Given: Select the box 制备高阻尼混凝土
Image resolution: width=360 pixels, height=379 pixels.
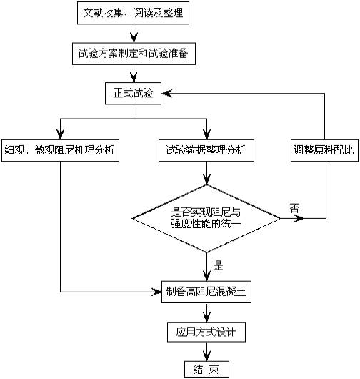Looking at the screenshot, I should [x=206, y=292].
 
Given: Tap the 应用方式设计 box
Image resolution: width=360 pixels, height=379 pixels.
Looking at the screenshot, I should [x=206, y=332].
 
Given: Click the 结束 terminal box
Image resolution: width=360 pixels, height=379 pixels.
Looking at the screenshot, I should [x=206, y=369].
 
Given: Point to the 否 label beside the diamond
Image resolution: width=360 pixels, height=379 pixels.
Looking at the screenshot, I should [x=294, y=207].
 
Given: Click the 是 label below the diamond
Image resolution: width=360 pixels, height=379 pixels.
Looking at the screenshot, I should [x=219, y=265].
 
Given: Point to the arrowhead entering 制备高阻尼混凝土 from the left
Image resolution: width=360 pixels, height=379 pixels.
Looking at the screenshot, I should [x=160, y=292].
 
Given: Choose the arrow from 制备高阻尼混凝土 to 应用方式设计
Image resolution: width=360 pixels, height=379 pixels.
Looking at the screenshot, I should [x=206, y=312].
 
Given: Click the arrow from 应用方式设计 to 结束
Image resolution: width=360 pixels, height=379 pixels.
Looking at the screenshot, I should [x=206, y=351].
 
